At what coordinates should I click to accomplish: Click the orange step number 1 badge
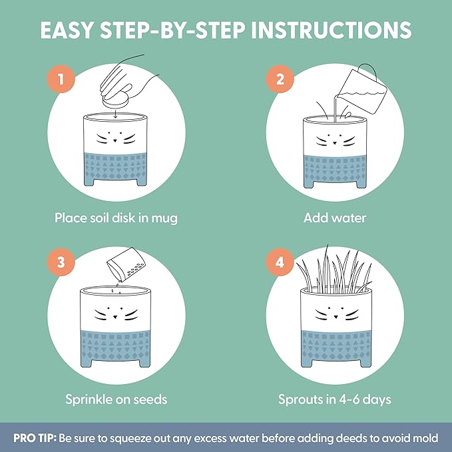point(61,79)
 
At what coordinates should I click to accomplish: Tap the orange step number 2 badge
point(280,79)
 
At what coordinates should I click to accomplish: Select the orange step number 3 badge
point(61,262)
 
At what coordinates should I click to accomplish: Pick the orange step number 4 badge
point(280,262)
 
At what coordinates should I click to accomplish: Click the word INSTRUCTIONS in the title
point(332,30)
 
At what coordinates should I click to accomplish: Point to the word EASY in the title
point(67,30)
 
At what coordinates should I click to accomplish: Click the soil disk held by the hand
point(116,101)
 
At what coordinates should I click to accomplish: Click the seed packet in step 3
point(126,265)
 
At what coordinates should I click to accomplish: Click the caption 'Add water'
point(335,218)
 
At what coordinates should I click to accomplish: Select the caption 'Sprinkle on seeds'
point(116,399)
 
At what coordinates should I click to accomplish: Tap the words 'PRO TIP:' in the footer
point(35,438)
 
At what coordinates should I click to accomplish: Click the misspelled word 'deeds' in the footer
point(351,438)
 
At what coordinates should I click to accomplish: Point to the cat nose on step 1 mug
point(115,140)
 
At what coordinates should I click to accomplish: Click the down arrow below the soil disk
point(115,114)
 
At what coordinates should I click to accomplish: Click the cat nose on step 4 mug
point(336,317)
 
